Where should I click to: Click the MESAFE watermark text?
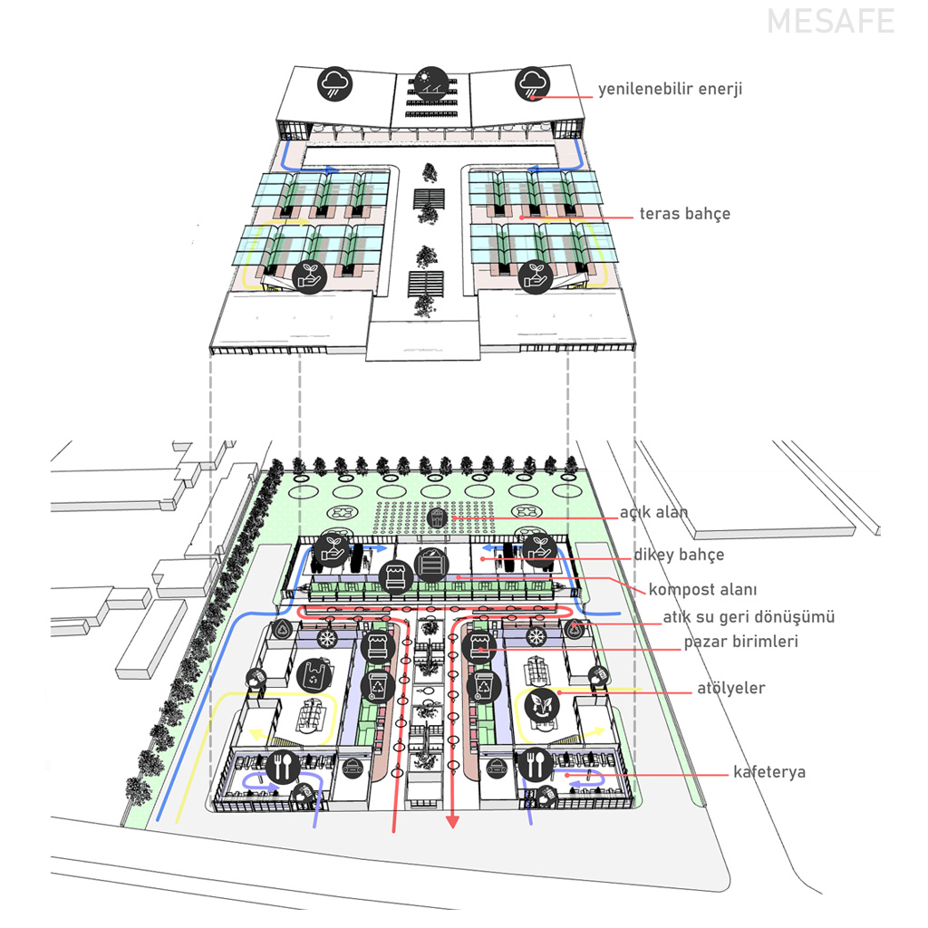point(830,22)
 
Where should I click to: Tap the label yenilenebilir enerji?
point(670,90)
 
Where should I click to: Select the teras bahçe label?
point(684,214)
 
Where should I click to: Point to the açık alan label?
point(653,512)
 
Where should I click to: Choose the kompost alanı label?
point(702,590)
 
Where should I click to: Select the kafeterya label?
point(769,773)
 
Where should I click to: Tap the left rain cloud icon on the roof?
point(334,84)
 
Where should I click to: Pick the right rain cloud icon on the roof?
point(531,84)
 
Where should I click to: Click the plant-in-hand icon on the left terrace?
point(310,275)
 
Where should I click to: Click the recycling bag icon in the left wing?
point(314,674)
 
